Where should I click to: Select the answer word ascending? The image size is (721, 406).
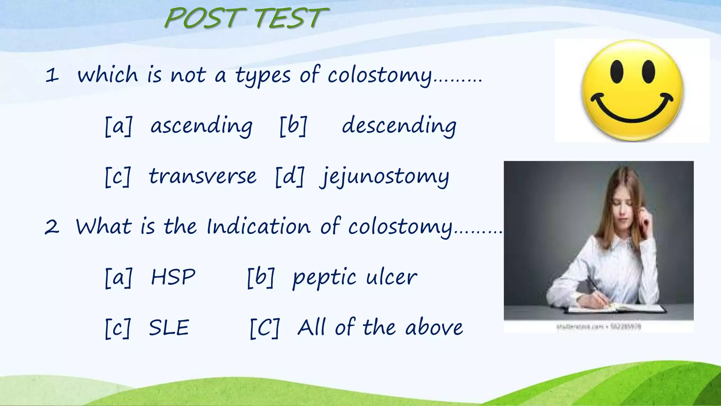tap(201, 126)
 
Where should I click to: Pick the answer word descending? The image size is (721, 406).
tap(399, 126)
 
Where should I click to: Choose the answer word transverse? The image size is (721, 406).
tap(202, 176)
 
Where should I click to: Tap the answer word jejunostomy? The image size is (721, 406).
tap(384, 177)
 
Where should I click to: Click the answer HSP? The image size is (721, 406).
tap(173, 277)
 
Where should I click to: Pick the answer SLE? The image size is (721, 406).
tap(169, 328)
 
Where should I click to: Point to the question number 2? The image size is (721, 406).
tap(52, 227)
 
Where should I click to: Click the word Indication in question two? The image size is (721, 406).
tap(258, 226)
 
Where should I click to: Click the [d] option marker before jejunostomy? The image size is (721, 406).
tap(289, 177)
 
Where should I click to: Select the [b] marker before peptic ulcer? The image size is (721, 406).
tap(261, 278)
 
